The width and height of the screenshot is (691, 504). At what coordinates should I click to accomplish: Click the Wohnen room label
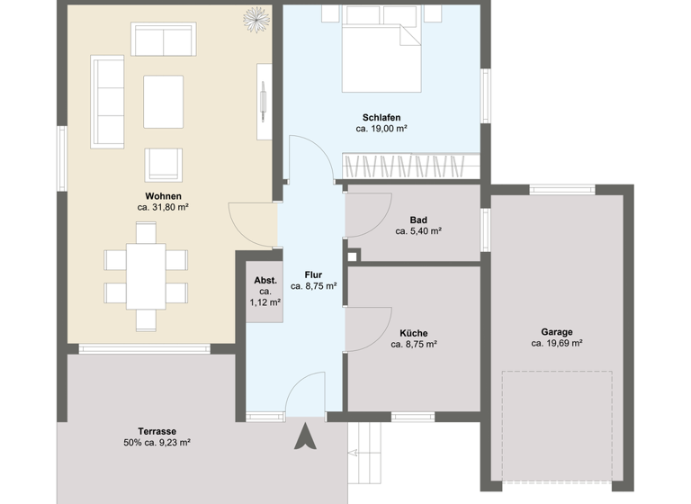pos(163,196)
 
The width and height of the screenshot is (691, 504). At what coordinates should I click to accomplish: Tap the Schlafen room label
pos(381,118)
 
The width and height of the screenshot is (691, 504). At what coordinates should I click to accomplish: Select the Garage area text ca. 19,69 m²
pos(557,343)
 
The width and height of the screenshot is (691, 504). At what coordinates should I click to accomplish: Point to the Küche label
pos(414,332)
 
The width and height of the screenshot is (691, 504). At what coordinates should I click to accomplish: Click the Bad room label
pos(418,220)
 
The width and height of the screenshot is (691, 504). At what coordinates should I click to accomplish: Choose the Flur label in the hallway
pos(313,274)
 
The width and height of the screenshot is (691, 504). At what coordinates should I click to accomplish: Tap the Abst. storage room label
pos(265,280)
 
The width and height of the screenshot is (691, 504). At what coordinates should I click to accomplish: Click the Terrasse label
pos(157,430)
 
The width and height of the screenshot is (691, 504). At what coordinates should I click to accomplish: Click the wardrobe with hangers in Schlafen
pos(410,166)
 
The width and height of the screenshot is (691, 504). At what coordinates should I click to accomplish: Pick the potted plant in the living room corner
pos(256,16)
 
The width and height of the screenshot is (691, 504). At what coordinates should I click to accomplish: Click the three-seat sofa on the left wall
pos(107,100)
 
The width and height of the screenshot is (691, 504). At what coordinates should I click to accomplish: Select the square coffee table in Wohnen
pos(163,99)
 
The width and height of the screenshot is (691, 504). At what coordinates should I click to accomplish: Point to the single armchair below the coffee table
pos(163,163)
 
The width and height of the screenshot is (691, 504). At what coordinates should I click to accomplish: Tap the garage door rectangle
pos(555,426)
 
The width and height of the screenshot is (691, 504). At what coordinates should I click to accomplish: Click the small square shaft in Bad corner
pos(352,254)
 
